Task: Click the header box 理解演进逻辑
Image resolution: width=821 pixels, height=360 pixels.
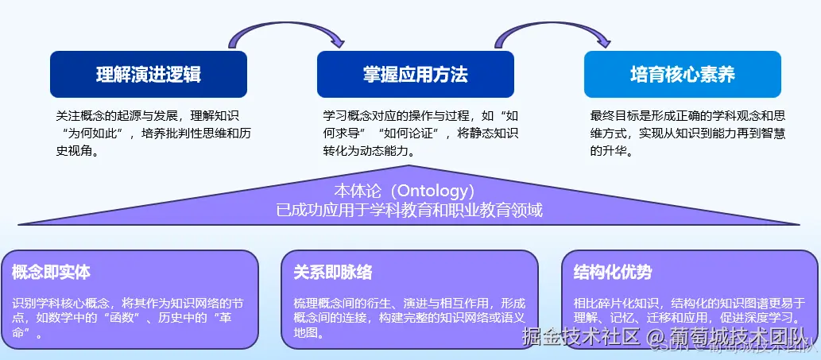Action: click(x=149, y=75)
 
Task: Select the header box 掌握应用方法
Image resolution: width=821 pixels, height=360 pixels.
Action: click(x=416, y=75)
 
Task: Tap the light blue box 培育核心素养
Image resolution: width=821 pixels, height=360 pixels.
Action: click(x=683, y=75)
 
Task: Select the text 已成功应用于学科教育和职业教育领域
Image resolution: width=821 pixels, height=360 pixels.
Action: click(x=409, y=211)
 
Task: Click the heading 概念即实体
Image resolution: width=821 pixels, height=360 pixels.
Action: click(x=52, y=273)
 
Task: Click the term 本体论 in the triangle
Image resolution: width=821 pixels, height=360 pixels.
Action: click(x=358, y=192)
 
